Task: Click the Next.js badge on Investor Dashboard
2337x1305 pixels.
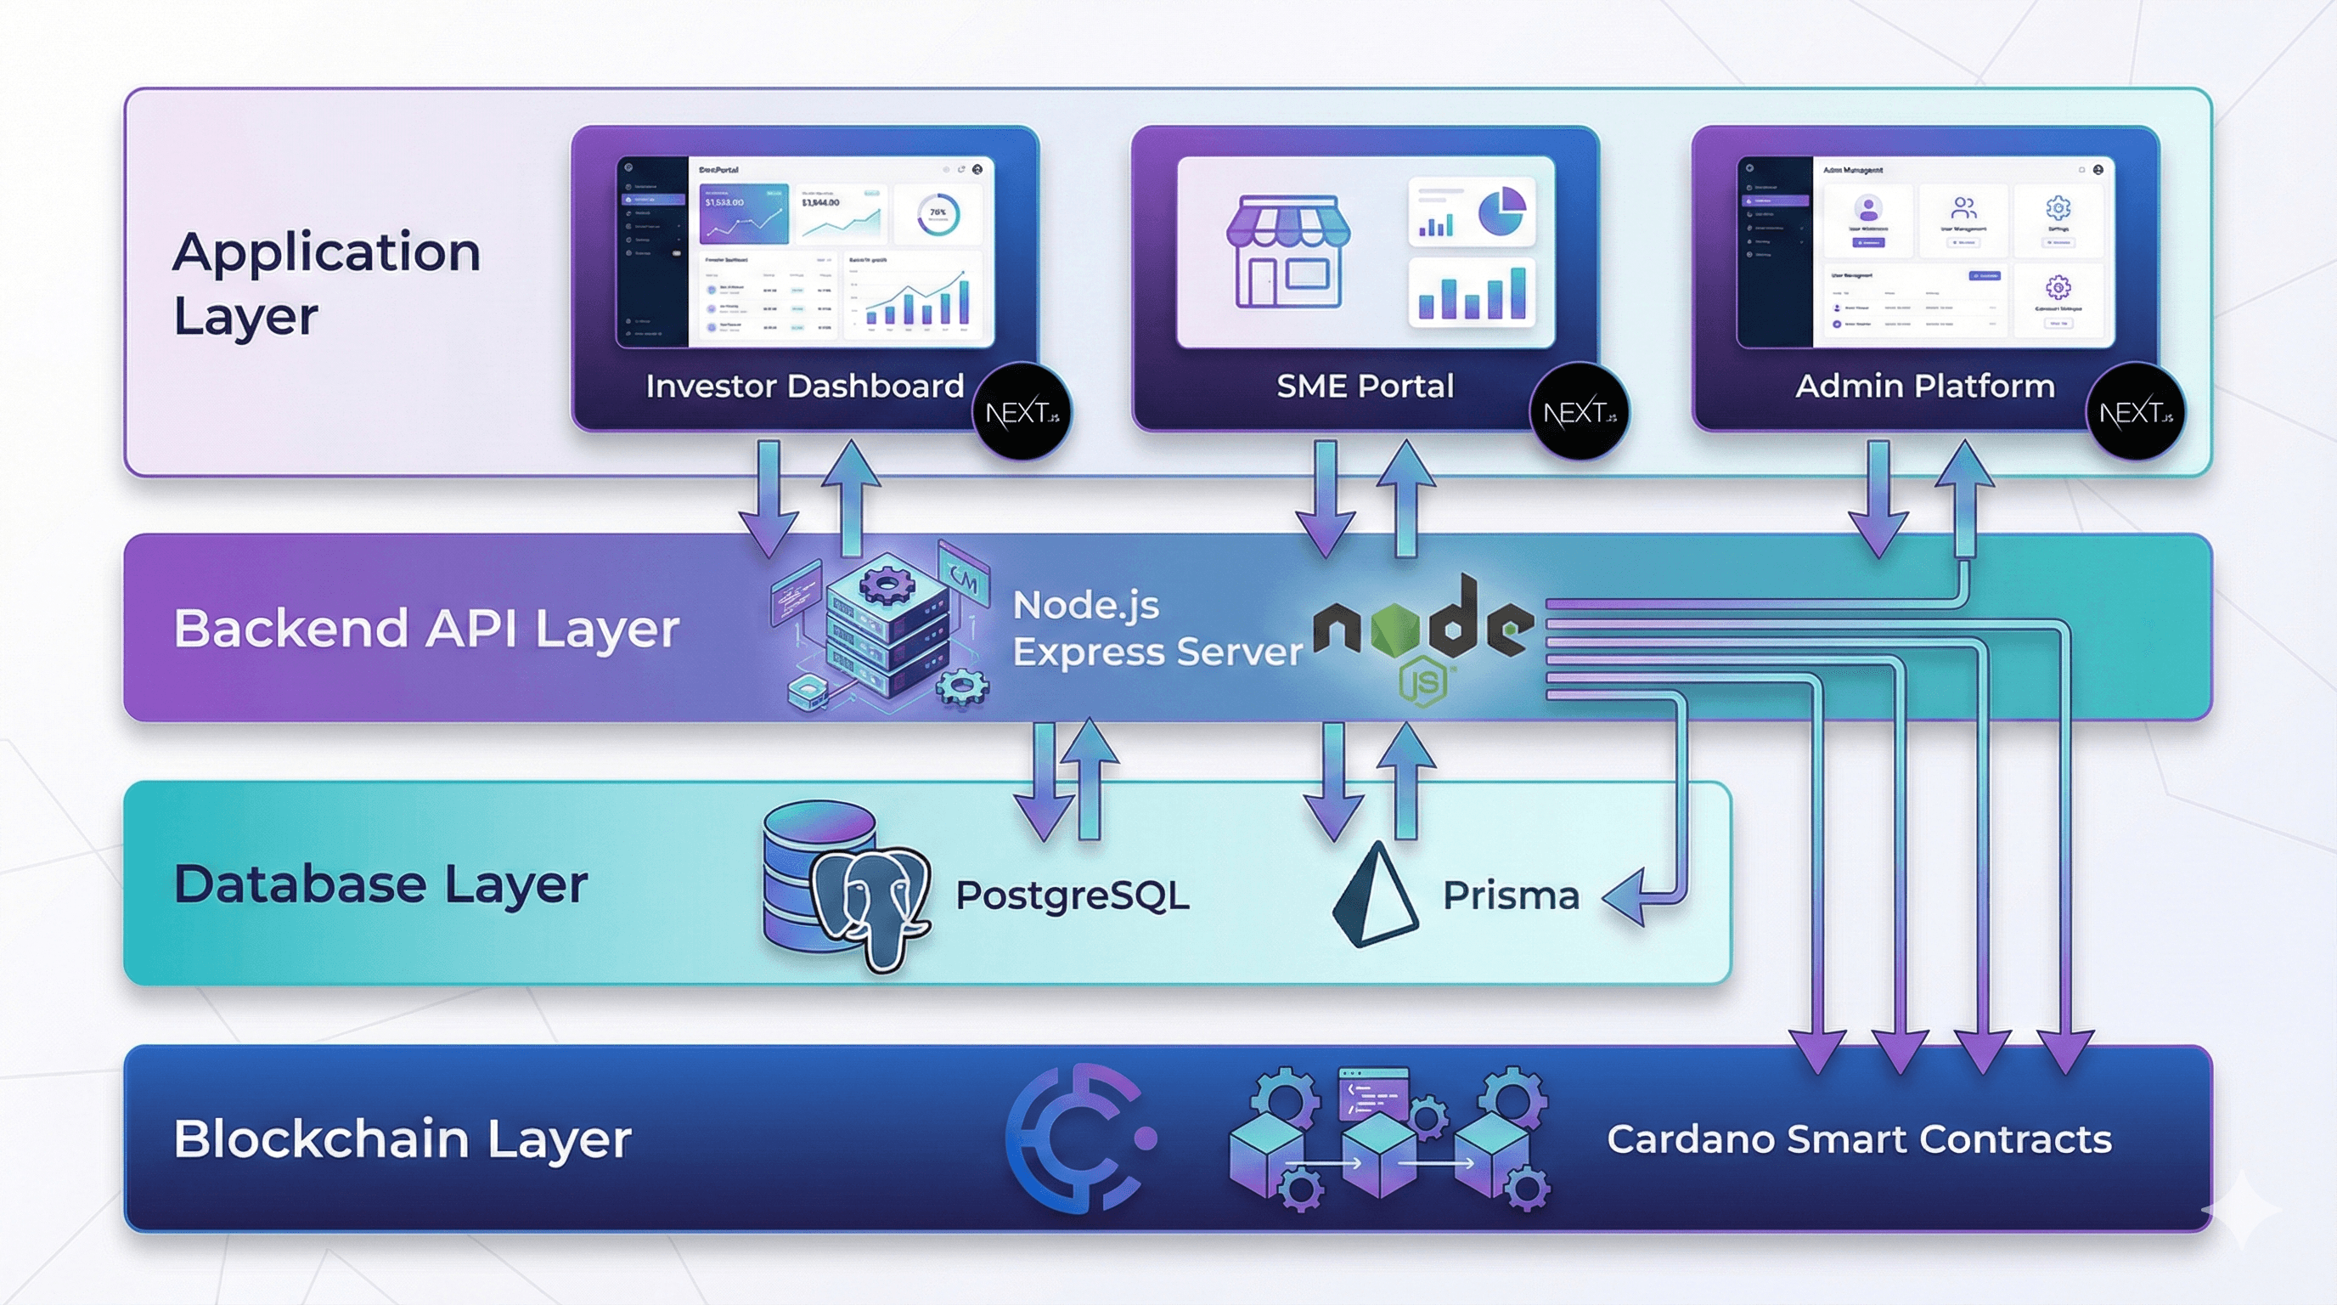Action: tap(1022, 413)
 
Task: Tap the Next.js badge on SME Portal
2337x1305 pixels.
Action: tap(1580, 413)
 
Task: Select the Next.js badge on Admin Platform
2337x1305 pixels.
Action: tap(2136, 413)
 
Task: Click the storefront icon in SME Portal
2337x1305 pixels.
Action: tap(1287, 250)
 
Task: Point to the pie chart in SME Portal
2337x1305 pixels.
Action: tap(1501, 211)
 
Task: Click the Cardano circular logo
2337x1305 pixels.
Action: tap(1078, 1138)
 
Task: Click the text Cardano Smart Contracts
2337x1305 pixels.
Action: tap(1859, 1139)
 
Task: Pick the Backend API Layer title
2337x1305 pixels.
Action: tap(426, 628)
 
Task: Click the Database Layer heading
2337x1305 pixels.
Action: tap(380, 884)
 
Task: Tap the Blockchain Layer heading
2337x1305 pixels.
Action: tap(402, 1139)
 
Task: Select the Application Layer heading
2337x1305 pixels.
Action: tap(326, 283)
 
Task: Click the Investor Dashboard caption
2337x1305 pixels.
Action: tap(804, 386)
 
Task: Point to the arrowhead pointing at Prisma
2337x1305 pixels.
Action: tap(1625, 897)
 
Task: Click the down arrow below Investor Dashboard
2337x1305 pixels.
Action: tap(769, 499)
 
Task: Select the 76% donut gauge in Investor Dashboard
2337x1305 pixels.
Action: tap(938, 215)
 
